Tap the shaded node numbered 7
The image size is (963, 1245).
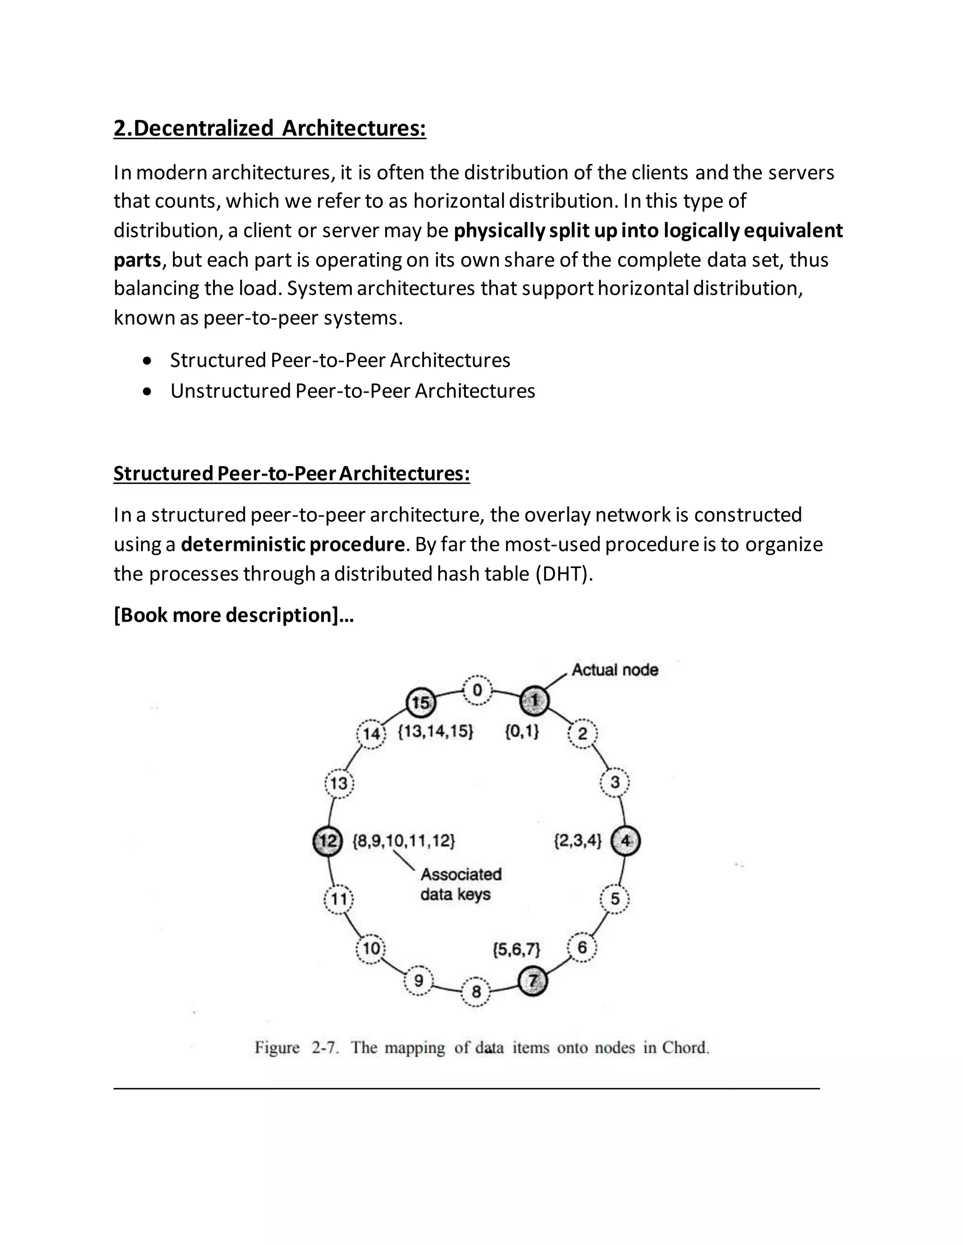click(532, 981)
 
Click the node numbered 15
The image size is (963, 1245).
click(420, 702)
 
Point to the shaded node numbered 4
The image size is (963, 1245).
click(625, 841)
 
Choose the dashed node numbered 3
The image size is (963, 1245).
click(615, 782)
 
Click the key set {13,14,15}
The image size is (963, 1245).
click(435, 732)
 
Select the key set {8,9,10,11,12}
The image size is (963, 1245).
click(404, 841)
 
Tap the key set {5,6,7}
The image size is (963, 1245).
click(516, 949)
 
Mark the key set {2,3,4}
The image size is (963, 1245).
click(577, 841)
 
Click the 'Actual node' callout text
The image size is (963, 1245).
click(615, 670)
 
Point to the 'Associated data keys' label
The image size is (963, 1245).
click(459, 884)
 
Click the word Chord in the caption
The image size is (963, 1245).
click(685, 1048)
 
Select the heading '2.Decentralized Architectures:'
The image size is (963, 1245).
click(270, 128)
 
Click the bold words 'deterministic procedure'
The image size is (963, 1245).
click(292, 545)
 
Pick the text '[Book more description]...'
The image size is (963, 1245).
click(234, 615)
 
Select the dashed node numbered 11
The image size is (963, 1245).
click(339, 899)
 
